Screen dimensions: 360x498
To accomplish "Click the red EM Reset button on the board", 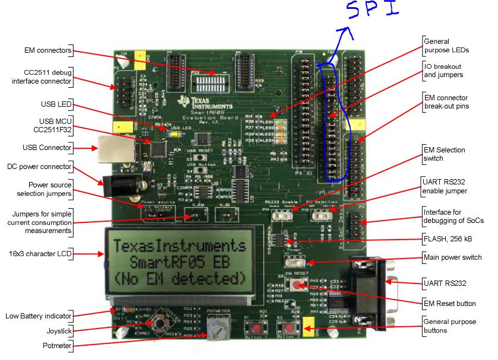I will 295,285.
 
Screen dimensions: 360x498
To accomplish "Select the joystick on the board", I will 158,324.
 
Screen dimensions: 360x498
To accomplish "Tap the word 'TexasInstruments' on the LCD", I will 179,246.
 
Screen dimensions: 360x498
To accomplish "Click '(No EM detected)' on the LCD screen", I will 179,278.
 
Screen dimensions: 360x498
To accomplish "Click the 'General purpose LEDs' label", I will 445,46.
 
